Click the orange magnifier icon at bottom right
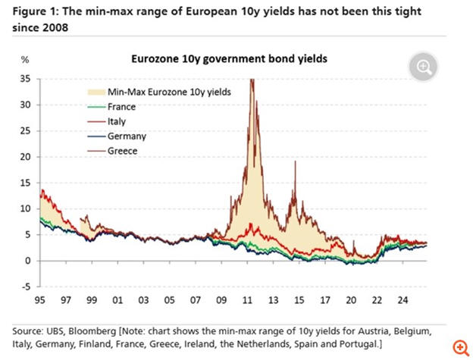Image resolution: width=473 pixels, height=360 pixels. [458, 347]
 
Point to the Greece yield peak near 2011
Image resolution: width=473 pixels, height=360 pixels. [251, 80]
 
